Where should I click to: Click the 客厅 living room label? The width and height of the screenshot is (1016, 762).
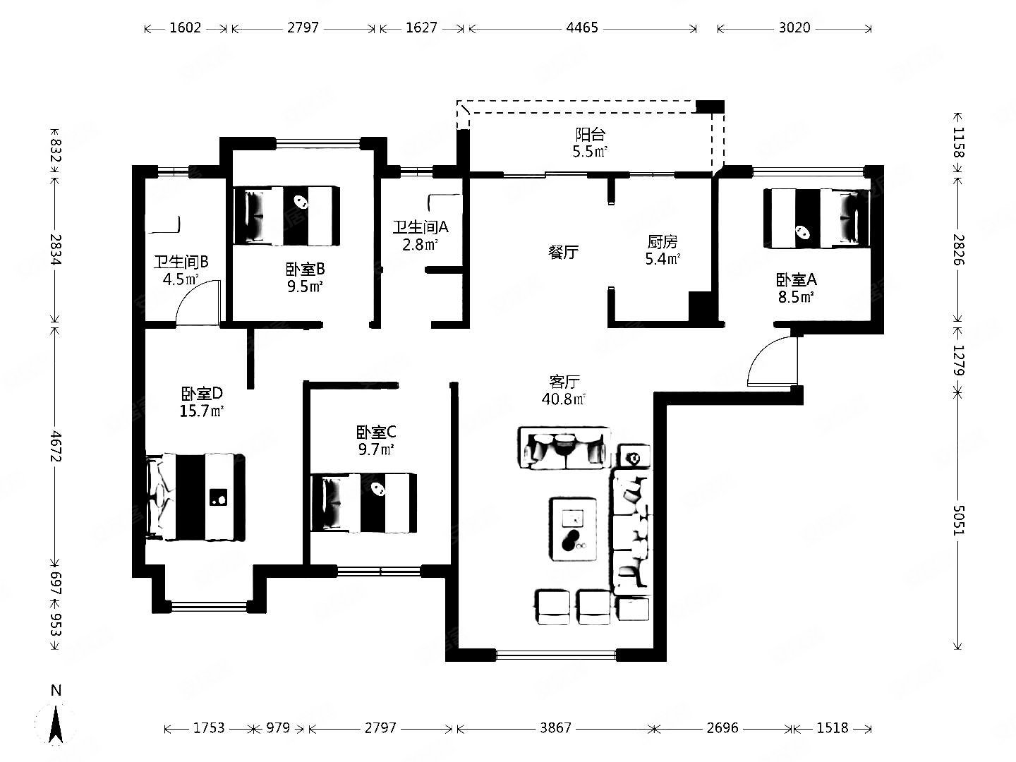[x=564, y=382]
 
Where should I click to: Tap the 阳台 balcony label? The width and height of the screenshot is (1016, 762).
[x=590, y=135]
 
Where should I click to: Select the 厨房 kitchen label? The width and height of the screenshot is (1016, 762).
[x=663, y=241]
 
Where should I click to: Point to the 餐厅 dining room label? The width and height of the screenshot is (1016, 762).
[x=563, y=252]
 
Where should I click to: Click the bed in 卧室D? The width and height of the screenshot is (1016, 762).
[x=195, y=497]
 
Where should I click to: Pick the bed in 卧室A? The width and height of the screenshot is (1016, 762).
[x=816, y=218]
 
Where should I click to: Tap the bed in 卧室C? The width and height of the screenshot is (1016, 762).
[x=363, y=502]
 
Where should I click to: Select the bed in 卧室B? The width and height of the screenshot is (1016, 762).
[x=286, y=215]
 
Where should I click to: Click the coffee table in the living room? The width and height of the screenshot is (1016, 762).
[x=574, y=529]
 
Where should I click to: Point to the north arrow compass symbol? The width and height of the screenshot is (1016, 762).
[x=56, y=723]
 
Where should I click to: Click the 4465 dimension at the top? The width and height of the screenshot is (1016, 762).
[x=582, y=28]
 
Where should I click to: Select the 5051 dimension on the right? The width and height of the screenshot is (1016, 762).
[x=957, y=521]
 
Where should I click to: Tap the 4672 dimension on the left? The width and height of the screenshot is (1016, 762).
[x=56, y=446]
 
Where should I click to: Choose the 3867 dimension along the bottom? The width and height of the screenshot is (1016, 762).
[x=555, y=727]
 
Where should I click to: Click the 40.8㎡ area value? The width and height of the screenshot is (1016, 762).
[x=564, y=399]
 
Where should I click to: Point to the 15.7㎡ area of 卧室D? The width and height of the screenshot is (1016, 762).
[x=202, y=411]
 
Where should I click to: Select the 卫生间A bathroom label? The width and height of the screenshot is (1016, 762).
[x=421, y=226]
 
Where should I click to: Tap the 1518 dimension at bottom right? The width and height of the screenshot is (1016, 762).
[x=833, y=727]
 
